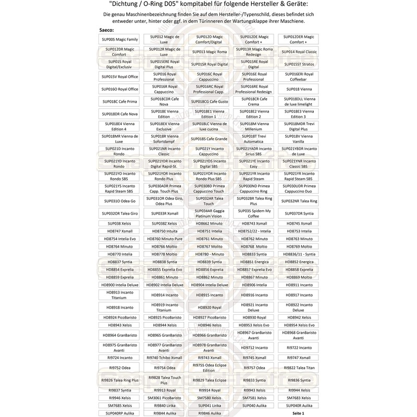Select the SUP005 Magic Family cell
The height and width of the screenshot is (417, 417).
click(x=120, y=40)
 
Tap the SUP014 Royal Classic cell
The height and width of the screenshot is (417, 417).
click(x=299, y=52)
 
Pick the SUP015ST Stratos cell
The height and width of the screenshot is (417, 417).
click(x=299, y=64)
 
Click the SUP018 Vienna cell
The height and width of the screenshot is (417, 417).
click(x=299, y=89)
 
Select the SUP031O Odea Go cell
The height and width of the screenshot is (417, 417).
click(x=120, y=201)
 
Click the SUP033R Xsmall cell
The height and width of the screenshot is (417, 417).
click(x=165, y=214)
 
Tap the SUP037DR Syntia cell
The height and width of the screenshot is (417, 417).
click(x=299, y=214)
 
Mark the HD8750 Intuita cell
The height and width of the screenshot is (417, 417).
click(x=165, y=231)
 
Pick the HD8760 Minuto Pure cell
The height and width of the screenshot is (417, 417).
click(x=165, y=238)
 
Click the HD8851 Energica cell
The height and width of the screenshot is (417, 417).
click(x=254, y=262)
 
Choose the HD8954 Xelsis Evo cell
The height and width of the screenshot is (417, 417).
click(x=299, y=325)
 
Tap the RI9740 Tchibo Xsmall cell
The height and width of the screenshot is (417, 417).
click(x=165, y=358)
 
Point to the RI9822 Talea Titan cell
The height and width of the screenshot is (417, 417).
click(x=299, y=367)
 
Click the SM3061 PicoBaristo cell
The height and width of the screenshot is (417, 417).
click(x=165, y=398)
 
